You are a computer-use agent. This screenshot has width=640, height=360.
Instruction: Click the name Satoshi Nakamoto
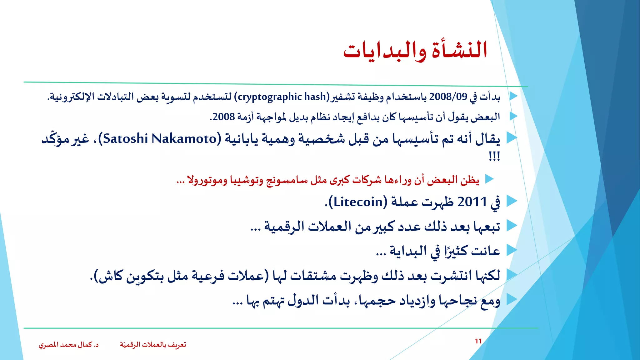coord(160,138)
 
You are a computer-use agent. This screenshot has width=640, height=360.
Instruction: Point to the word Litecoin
coord(358,202)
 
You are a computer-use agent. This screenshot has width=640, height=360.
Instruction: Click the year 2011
coord(472,202)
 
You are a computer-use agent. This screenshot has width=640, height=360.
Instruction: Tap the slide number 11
coord(478,341)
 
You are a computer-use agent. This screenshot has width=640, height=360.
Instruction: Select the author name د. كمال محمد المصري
coord(68,345)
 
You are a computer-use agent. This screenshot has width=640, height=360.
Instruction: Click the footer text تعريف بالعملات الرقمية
coord(153,345)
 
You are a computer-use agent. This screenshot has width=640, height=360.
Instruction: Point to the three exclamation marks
coord(494,156)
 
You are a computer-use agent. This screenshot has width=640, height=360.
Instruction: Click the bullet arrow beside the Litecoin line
coord(512,201)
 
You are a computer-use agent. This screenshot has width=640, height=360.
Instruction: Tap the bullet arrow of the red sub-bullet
coord(489,179)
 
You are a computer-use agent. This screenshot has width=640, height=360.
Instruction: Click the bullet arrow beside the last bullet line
coord(512,299)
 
